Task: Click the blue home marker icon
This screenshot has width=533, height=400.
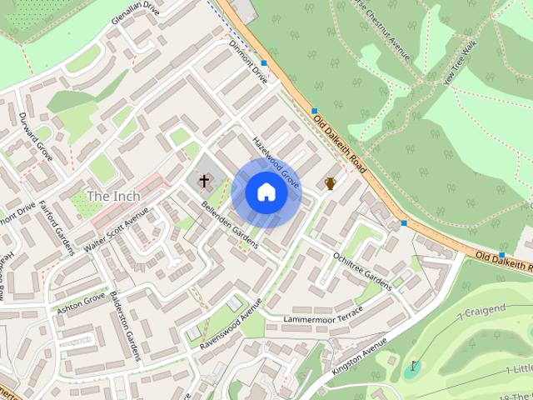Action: tap(266, 192)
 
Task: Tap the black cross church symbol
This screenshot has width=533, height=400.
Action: tap(204, 179)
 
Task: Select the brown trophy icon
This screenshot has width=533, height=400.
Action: tap(331, 182)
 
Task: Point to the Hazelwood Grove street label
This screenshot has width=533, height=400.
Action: tap(276, 161)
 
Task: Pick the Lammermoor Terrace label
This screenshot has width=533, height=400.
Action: tap(323, 316)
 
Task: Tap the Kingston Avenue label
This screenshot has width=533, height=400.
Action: tap(360, 355)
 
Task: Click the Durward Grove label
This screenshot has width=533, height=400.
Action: tap(36, 137)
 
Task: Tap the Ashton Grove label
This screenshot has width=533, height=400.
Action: tap(81, 302)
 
